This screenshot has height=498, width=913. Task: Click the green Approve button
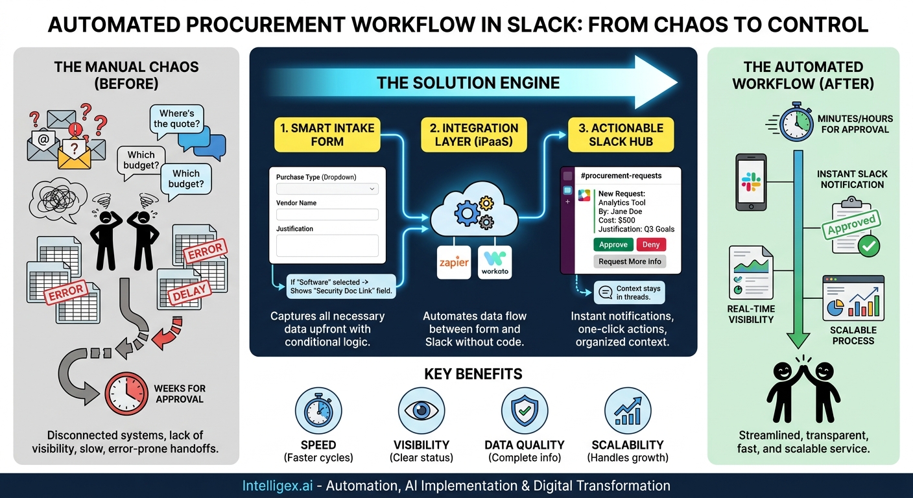(613, 244)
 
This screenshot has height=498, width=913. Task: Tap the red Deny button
(650, 244)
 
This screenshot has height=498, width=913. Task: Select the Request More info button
(630, 261)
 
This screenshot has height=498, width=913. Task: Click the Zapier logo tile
(454, 263)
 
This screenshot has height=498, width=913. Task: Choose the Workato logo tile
(495, 263)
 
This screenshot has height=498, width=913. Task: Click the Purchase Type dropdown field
(327, 189)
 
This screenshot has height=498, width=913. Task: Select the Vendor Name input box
(327, 215)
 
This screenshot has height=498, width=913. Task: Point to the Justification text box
(327, 245)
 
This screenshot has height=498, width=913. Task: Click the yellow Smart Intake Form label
(327, 135)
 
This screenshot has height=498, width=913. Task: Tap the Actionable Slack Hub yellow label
(621, 135)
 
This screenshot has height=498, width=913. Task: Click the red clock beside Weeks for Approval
(126, 393)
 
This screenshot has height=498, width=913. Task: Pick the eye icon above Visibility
(421, 410)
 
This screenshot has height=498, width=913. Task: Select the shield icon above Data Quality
(525, 410)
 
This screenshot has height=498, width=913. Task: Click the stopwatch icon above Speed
(318, 410)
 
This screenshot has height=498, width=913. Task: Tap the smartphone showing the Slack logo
(751, 182)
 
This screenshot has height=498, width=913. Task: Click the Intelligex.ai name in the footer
(278, 486)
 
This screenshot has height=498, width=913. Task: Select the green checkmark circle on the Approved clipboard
(868, 246)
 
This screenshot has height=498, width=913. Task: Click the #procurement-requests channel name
(621, 176)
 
